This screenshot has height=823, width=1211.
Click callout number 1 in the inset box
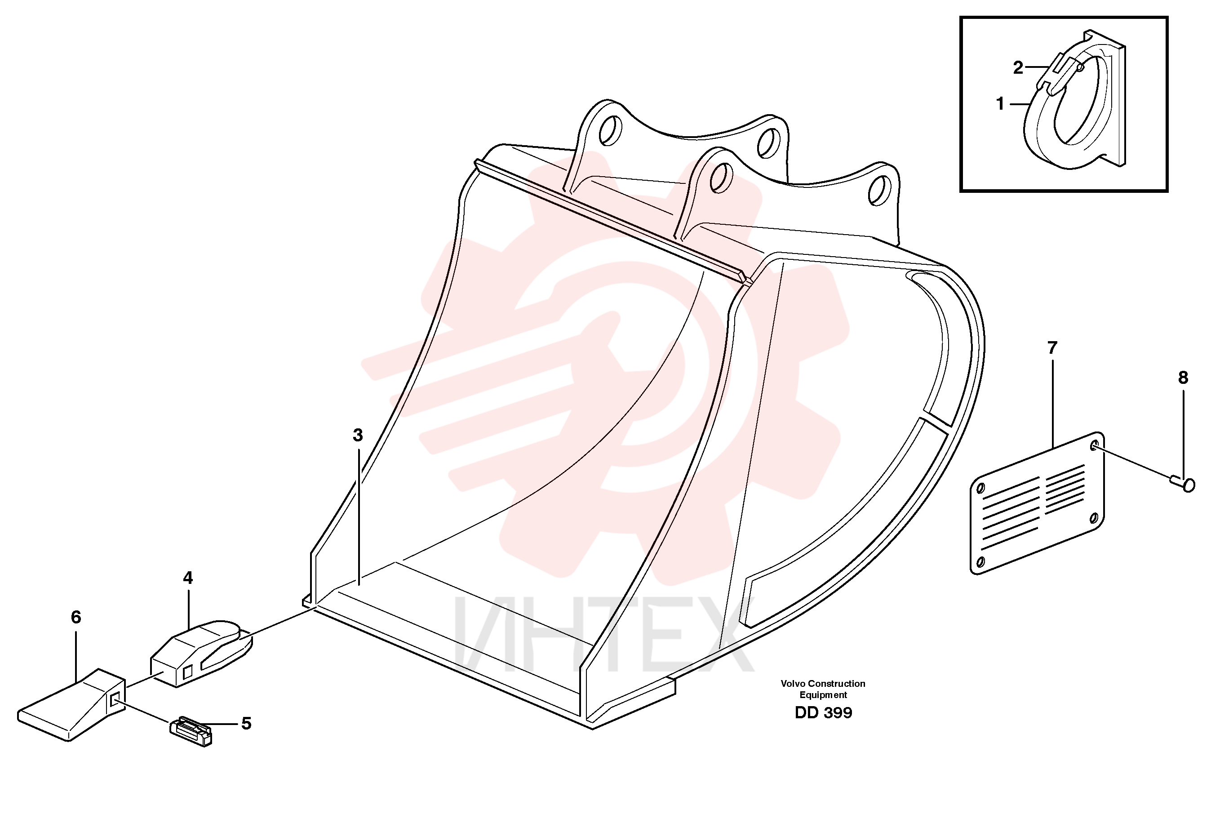coord(999,104)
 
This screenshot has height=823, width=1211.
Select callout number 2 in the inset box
coord(1018,67)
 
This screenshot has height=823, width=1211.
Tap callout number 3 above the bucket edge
coord(358,435)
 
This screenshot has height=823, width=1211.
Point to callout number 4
coord(188,578)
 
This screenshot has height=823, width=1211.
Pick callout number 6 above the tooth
coord(76,617)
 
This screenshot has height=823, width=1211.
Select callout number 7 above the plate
coord(1052,347)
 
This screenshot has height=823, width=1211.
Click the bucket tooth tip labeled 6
coord(71,705)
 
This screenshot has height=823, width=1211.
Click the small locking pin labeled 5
coord(191,731)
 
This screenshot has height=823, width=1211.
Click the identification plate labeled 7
coord(1037,503)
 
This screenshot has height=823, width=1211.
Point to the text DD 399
coord(823,712)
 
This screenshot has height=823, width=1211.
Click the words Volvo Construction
coord(823,683)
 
